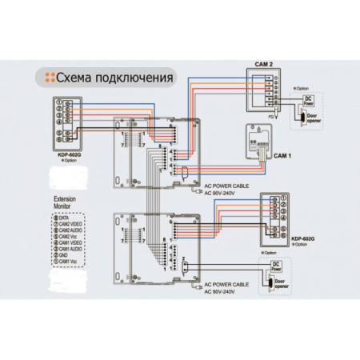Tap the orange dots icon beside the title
tap(46, 78)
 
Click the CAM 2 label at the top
tap(264, 63)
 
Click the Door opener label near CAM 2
tap(310, 122)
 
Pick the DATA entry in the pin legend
tap(67, 216)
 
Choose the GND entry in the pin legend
tap(67, 254)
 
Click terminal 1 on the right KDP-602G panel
tap(277, 199)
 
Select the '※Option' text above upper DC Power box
tap(304, 89)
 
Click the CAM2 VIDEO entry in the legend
tap(72, 223)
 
